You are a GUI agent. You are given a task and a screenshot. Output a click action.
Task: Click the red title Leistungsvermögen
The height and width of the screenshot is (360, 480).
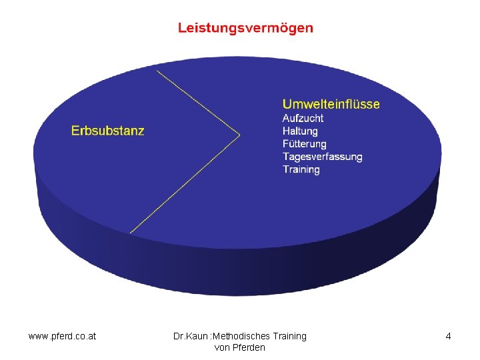(245, 28)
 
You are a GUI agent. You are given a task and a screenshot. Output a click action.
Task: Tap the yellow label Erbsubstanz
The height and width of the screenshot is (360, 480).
(107, 131)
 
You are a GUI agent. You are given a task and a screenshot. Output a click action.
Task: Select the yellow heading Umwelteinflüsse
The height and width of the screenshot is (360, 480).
(331, 104)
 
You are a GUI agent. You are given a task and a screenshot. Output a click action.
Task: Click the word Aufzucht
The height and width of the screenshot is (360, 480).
(303, 118)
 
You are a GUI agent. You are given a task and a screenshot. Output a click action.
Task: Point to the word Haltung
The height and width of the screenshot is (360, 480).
(300, 131)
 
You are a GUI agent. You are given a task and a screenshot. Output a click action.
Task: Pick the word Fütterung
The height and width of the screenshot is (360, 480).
(304, 143)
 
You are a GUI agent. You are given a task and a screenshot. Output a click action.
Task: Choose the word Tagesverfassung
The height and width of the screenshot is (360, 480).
(322, 157)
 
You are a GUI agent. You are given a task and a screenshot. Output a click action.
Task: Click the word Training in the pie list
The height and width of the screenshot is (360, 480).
(301, 169)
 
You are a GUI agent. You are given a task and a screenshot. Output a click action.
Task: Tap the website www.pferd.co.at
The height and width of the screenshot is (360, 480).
(62, 336)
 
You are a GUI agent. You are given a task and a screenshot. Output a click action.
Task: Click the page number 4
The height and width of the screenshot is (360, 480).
(448, 336)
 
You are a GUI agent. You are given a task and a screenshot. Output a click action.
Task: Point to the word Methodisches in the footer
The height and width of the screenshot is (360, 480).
(241, 336)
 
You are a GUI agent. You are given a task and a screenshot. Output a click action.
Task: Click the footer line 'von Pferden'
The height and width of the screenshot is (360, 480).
(240, 347)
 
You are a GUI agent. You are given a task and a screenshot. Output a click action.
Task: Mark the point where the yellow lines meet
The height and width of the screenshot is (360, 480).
(239, 136)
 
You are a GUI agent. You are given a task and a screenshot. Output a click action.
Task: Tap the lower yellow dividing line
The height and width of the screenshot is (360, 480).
(185, 184)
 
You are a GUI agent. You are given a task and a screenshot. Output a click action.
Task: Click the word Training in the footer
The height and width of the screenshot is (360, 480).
(289, 336)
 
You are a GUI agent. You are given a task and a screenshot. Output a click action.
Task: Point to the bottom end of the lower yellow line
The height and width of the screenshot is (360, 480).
(130, 233)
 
